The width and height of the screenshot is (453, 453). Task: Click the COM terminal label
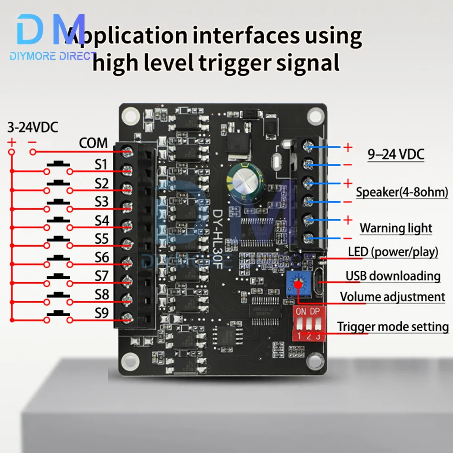93,144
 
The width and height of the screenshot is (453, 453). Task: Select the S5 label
102,238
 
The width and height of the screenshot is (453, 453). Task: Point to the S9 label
102,313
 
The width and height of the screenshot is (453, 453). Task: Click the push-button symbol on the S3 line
58,202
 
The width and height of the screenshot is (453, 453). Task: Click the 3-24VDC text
33,128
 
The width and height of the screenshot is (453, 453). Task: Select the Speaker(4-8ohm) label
401,192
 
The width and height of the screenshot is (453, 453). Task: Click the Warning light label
396,228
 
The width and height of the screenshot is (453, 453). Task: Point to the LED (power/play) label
393,252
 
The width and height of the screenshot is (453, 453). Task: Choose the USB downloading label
393,275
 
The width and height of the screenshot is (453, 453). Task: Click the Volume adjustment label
392,297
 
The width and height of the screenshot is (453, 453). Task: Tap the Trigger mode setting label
393,327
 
